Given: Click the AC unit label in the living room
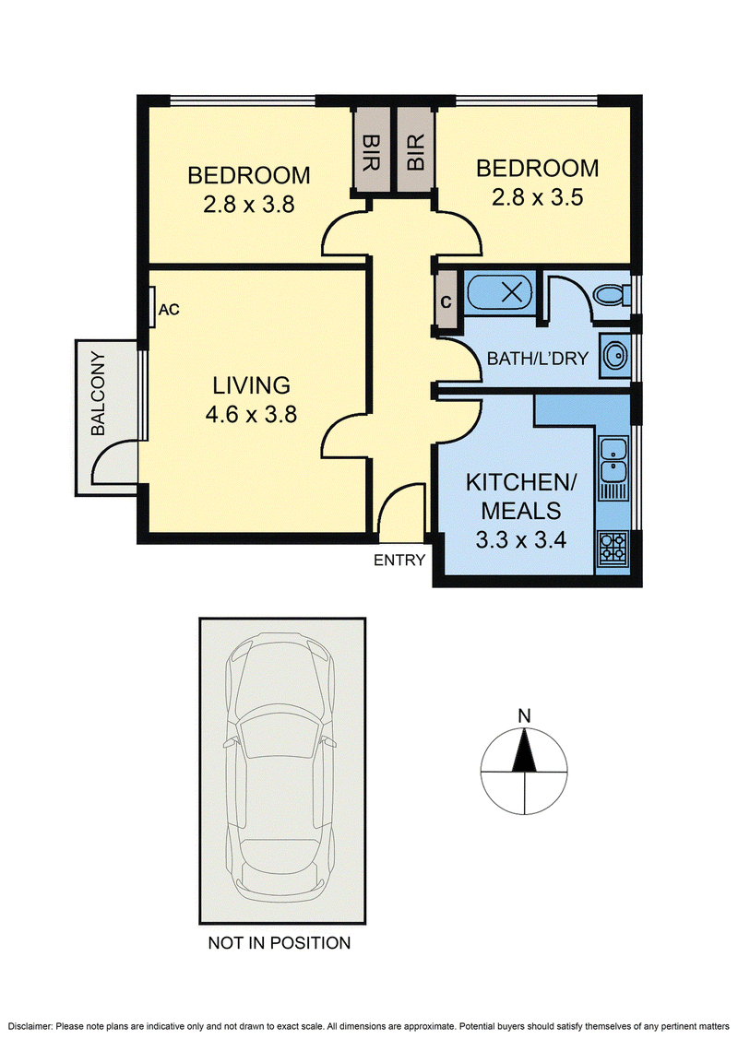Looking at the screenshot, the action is click(169, 310).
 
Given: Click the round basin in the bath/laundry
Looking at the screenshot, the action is click(616, 356).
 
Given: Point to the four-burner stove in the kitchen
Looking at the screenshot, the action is click(613, 548).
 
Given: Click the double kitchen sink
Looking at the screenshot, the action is click(613, 459).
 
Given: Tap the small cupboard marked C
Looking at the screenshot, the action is click(446, 302).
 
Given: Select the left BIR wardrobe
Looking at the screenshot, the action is click(370, 151).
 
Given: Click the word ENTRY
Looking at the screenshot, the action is click(399, 561).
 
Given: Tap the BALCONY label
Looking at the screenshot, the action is click(98, 394).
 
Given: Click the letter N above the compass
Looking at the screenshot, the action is click(525, 716).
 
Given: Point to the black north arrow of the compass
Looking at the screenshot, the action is click(525, 750).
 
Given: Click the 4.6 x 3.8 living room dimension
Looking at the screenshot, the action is click(251, 415).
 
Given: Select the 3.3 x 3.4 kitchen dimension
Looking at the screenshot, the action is click(521, 540).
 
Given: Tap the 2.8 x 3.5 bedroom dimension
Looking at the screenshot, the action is click(538, 197).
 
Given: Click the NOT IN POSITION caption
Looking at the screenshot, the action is click(280, 943).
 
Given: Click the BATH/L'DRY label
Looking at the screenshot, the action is click(538, 359).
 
